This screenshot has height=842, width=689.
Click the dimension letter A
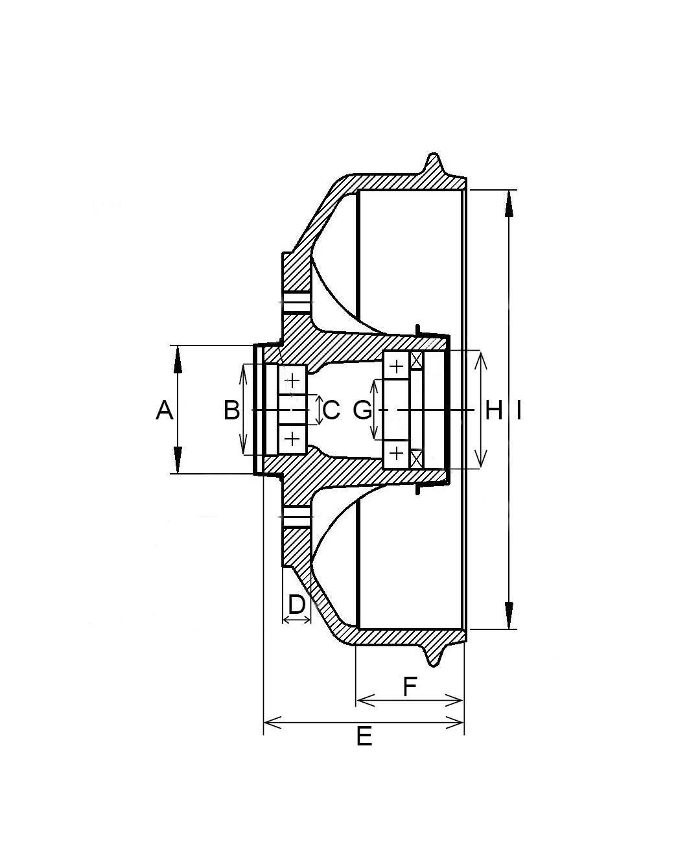(165, 410)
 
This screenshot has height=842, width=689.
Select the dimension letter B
(231, 410)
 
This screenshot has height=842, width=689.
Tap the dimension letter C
(331, 410)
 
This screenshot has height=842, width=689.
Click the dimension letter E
(364, 736)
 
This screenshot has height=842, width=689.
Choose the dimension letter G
(362, 410)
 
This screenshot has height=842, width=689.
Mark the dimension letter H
(494, 410)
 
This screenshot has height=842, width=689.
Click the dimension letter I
(519, 410)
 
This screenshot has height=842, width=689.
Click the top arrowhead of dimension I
(509, 204)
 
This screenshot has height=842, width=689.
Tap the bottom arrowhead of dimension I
(509, 616)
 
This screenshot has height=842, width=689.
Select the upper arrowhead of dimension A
(178, 359)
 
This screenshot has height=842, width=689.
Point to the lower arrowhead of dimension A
(178, 460)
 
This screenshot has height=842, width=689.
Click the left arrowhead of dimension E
(273, 722)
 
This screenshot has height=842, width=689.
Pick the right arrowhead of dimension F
(454, 700)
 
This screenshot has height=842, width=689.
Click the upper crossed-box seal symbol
(416, 360)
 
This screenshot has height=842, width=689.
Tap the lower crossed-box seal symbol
(416, 459)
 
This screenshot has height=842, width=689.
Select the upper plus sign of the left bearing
(292, 380)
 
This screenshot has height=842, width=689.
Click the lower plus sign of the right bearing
(397, 453)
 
